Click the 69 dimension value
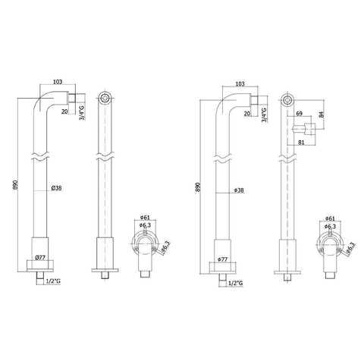(x=300, y=113)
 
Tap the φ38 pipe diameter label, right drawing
(x=238, y=190)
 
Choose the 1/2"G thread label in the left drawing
(x=54, y=282)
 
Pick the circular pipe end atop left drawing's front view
(x=104, y=99)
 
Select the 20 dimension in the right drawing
(x=248, y=114)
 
